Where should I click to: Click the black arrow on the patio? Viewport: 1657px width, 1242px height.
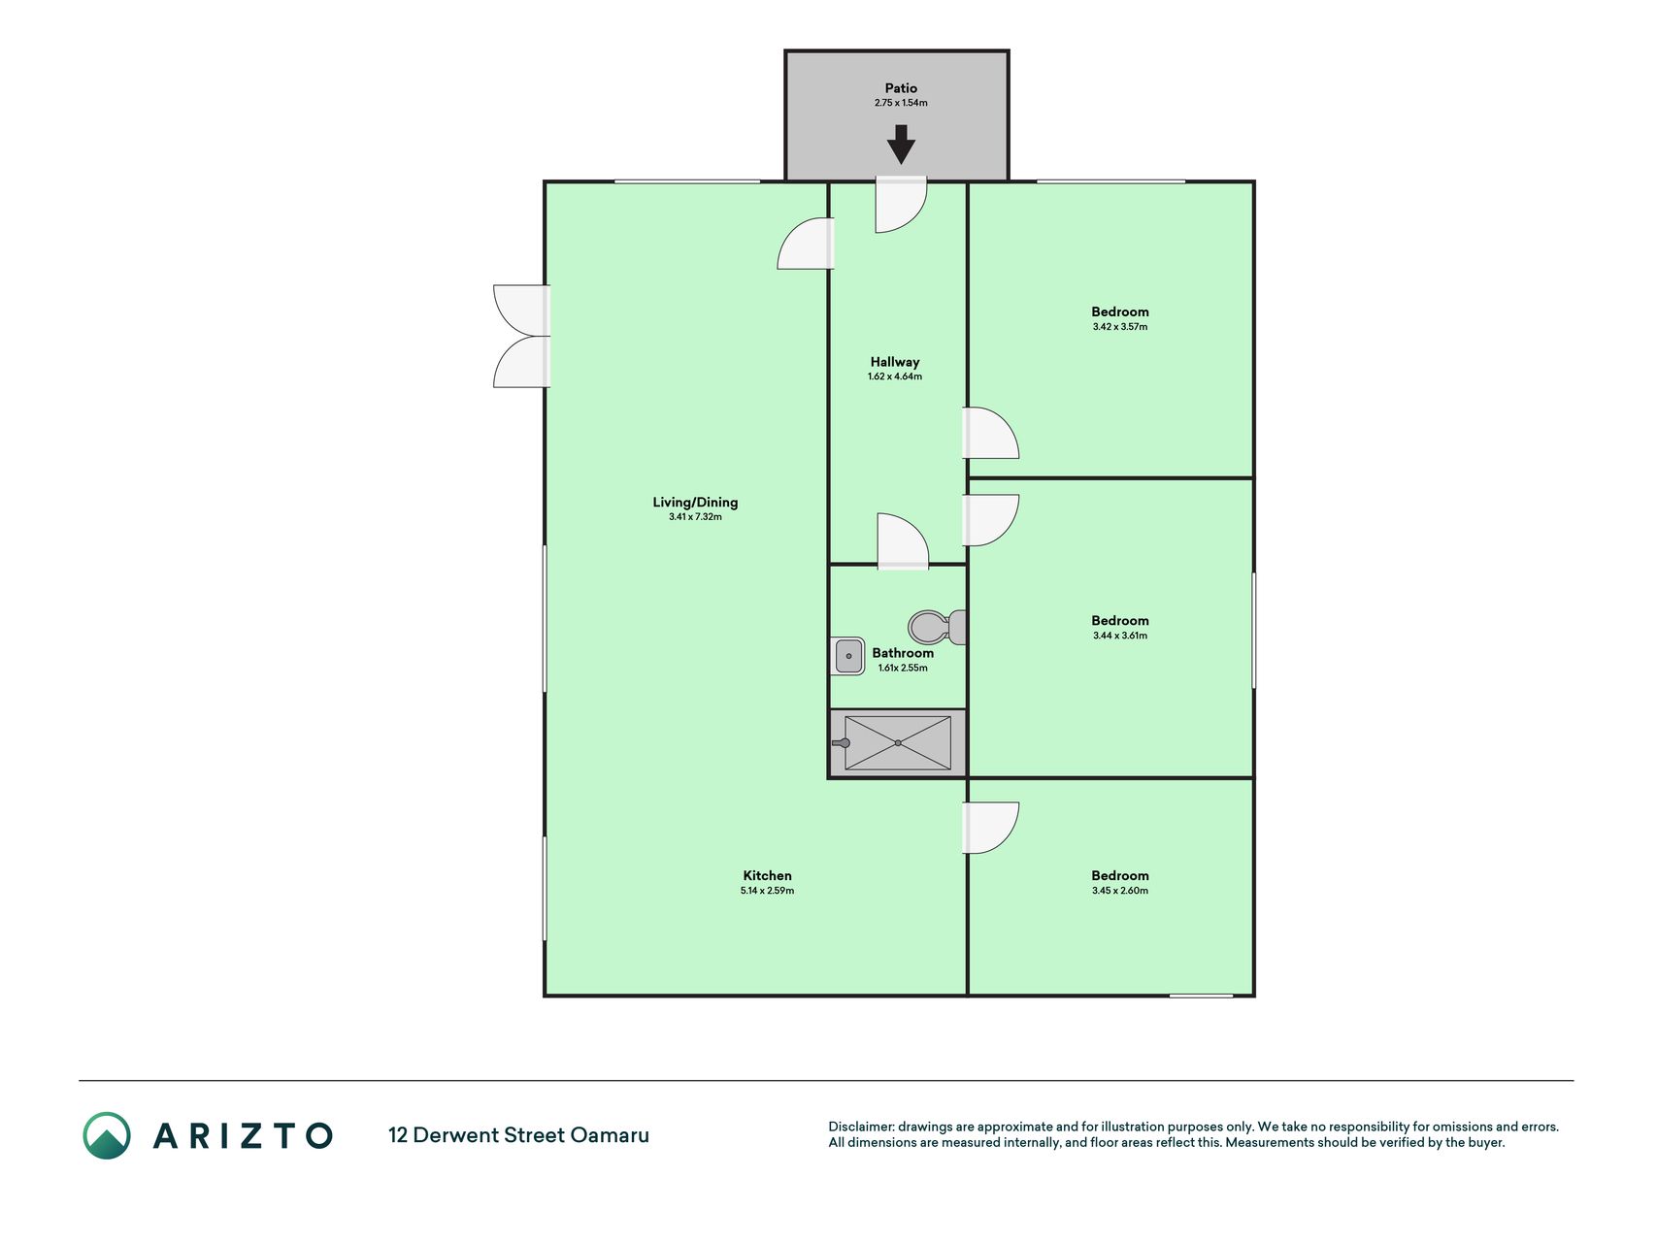click(x=901, y=145)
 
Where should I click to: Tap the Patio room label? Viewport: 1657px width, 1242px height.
click(x=901, y=88)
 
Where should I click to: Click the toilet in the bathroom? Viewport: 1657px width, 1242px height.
click(x=938, y=627)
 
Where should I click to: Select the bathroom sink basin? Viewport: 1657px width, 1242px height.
click(x=848, y=656)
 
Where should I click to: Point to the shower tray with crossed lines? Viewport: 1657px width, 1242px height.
click(x=898, y=743)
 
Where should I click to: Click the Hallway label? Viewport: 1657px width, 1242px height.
click(x=894, y=362)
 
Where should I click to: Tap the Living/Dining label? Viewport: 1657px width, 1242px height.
click(x=695, y=503)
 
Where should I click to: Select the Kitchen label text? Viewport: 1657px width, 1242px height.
click(x=767, y=875)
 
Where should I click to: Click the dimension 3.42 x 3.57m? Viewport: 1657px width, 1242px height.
click(x=1119, y=327)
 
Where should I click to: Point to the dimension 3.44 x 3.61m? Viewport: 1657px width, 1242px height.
click(x=1119, y=636)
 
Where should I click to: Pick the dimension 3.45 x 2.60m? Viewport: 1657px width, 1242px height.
click(x=1119, y=891)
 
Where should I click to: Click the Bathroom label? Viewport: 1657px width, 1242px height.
click(x=903, y=653)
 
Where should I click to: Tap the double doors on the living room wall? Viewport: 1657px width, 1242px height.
click(x=522, y=337)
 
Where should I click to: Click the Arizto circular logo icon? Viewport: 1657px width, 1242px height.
click(x=107, y=1135)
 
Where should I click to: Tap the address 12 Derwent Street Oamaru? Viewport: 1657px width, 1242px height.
click(x=518, y=1135)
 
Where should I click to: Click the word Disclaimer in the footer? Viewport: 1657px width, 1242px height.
click(x=860, y=1127)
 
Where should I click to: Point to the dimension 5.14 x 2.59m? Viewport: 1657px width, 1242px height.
click(x=767, y=891)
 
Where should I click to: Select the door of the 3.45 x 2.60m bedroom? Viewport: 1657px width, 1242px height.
click(x=990, y=828)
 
